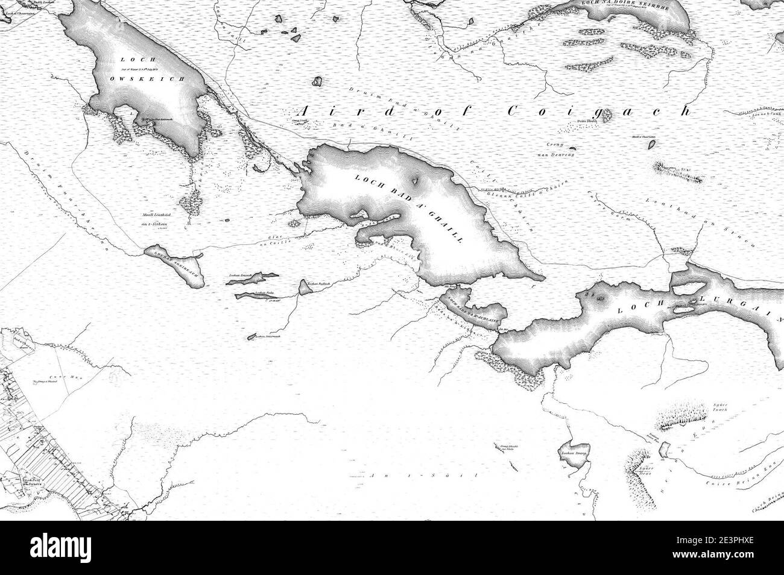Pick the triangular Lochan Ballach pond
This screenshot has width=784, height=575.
[x=305, y=287]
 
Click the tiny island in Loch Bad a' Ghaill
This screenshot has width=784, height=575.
[x=416, y=180]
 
